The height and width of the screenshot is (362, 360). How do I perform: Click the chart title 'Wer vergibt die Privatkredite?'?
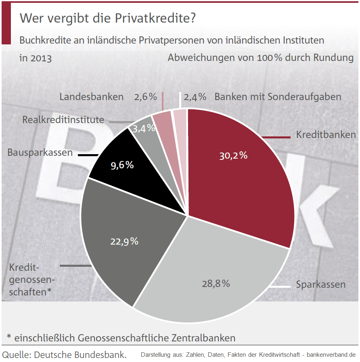coord(108,18)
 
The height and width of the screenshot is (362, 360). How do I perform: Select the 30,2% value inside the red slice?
coord(233,155)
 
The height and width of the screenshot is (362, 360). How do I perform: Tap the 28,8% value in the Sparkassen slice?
coord(216,283)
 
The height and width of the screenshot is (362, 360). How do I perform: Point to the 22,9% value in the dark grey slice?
coord(124,241)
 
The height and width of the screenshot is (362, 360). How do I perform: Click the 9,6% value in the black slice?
coord(122,165)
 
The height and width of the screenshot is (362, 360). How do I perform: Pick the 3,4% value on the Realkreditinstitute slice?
coord(144,128)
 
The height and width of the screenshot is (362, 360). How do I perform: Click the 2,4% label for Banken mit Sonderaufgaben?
coord(195,97)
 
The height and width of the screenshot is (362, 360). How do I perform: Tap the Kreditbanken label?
coord(326,135)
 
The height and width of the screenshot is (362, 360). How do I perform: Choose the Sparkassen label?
coord(320,285)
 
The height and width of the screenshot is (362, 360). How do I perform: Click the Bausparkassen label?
coord(40,153)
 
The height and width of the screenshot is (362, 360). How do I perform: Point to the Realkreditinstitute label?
coord(63,120)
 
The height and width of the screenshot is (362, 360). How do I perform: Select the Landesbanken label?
coord(91,97)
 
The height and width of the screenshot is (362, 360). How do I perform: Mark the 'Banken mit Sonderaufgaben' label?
coord(278,97)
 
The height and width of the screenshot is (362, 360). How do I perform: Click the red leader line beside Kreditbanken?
coord(276,138)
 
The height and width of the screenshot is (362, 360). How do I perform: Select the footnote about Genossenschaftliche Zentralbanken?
coord(121,337)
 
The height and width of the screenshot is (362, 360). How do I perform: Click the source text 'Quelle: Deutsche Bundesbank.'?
coord(65,355)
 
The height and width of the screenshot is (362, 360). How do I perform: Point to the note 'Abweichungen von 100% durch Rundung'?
coord(260,58)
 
